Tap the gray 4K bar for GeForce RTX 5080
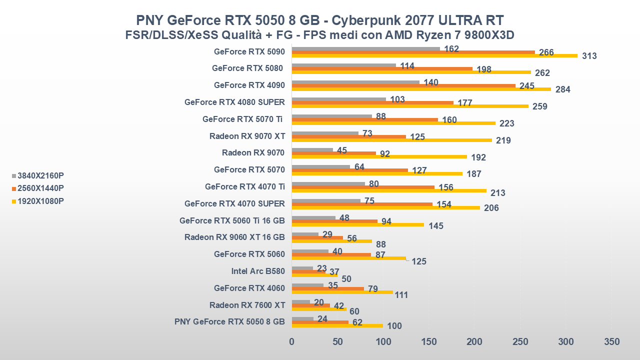343,65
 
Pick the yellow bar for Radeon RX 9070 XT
391,140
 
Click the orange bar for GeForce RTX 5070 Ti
364,119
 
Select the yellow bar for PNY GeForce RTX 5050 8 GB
337,325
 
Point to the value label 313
589,56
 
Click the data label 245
527,86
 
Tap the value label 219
503,140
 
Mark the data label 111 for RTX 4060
401,295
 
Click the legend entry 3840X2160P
40,175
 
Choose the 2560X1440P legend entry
40,188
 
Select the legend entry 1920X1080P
40,201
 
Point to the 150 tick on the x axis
429,342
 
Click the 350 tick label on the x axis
611,342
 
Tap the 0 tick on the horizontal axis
292,342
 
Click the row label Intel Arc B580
258,271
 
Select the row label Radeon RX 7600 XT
247,305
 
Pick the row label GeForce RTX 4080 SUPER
234,102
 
